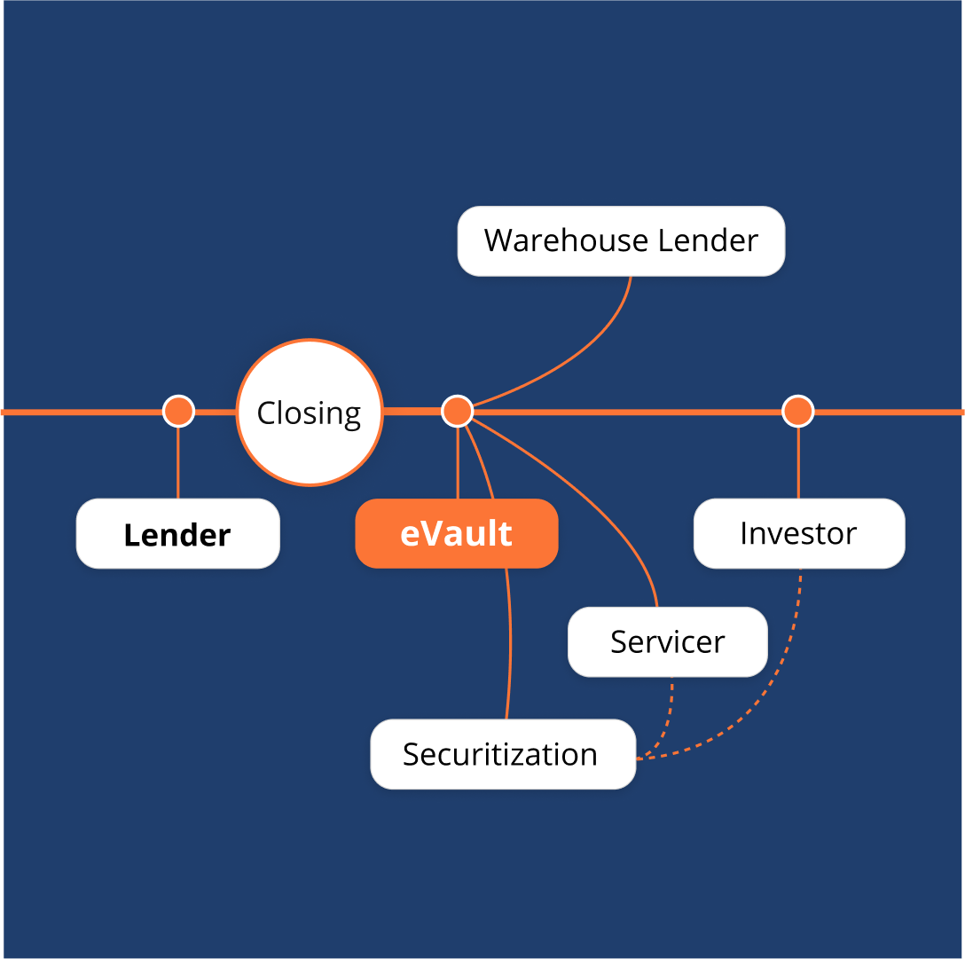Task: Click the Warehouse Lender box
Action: coord(621,241)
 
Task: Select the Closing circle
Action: coord(309,413)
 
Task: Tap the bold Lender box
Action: coord(177,534)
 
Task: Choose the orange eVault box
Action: coord(456,534)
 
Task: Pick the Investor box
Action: coord(798,533)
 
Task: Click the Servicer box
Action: coord(667,641)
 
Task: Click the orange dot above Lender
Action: coord(178,412)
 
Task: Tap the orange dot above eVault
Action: coord(458,412)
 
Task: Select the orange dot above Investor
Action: coord(797,412)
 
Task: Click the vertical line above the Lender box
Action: coord(178,463)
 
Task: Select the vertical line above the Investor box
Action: coord(798,463)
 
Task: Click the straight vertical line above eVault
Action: coord(458,463)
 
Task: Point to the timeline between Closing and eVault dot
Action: coord(412,411)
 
